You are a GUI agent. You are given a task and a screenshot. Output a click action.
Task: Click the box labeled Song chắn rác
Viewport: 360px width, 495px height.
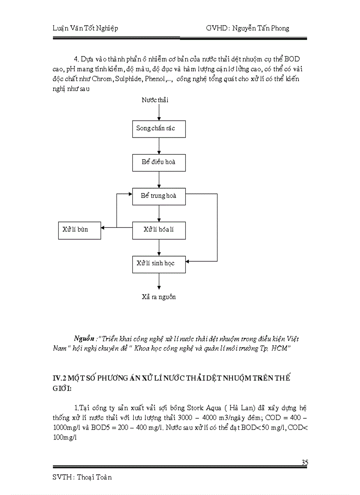click(x=159, y=128)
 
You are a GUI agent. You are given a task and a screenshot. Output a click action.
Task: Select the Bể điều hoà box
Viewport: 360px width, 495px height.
click(x=159, y=162)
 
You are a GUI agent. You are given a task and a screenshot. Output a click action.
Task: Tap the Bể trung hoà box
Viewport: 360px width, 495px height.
click(x=159, y=195)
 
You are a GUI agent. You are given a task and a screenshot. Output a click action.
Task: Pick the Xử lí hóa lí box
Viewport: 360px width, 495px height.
click(x=159, y=229)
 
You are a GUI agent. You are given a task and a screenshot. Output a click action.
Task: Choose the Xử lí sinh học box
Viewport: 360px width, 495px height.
click(x=159, y=263)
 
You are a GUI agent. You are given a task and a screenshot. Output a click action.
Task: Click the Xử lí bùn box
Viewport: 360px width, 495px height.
click(x=79, y=230)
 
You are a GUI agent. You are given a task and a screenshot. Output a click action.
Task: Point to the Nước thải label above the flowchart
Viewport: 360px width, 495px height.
click(x=155, y=100)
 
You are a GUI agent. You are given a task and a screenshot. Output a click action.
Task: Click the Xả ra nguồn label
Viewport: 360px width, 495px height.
click(x=159, y=297)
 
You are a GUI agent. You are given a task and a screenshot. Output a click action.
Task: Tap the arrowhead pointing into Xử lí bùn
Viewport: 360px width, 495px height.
click(x=103, y=228)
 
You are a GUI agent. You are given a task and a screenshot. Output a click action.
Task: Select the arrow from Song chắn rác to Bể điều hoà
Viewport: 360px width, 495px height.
click(x=159, y=145)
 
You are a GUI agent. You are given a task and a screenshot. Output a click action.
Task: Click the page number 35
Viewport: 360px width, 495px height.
click(x=304, y=462)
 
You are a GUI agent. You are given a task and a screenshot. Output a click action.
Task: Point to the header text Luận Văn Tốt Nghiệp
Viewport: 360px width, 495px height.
click(x=82, y=28)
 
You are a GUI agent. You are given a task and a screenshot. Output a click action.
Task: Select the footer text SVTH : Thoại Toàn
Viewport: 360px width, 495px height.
click(x=82, y=477)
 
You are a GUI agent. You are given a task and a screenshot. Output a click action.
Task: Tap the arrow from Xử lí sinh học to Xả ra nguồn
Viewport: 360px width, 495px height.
click(x=159, y=281)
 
